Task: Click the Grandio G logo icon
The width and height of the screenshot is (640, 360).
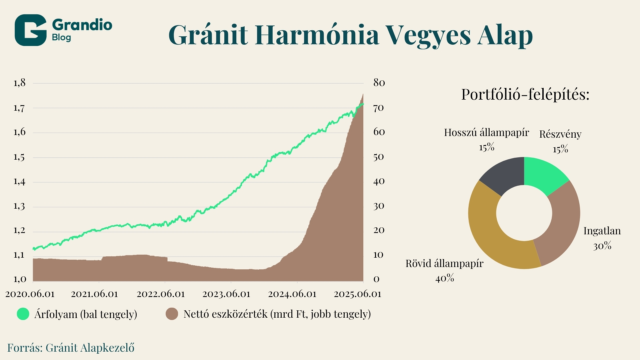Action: pyautogui.click(x=30, y=30)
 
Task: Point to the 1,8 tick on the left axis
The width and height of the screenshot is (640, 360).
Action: pyautogui.click(x=19, y=83)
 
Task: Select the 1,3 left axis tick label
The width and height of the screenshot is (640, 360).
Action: pyautogui.click(x=19, y=206)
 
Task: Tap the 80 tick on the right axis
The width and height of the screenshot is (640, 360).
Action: pyautogui.click(x=379, y=83)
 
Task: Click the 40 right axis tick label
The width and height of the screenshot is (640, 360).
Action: pyautogui.click(x=379, y=182)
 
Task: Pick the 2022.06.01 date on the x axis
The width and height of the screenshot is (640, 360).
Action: pyautogui.click(x=161, y=294)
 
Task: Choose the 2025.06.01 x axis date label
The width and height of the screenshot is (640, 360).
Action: pyautogui.click(x=357, y=294)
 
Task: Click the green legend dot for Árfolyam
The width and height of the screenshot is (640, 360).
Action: pyautogui.click(x=23, y=314)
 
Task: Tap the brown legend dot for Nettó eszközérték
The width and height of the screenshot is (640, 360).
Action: pyautogui.click(x=172, y=314)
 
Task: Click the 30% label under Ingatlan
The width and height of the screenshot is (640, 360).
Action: pyautogui.click(x=602, y=246)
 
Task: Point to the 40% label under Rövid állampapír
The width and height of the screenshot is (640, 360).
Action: pyautogui.click(x=445, y=278)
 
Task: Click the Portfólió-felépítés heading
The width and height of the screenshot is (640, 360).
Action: pyautogui.click(x=525, y=95)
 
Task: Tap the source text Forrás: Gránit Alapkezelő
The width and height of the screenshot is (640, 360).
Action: pyautogui.click(x=71, y=348)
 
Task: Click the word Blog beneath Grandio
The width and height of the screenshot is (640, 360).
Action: pyautogui.click(x=61, y=37)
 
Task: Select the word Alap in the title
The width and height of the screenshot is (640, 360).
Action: pyautogui.click(x=505, y=35)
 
